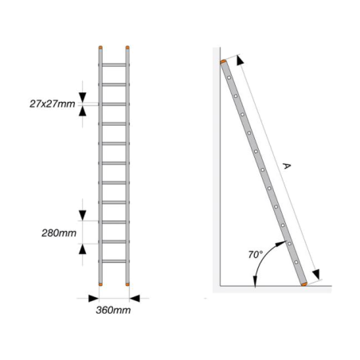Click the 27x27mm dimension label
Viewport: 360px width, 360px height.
coord(53,104)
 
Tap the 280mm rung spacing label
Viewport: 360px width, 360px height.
coord(59,233)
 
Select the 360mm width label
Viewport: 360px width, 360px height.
coord(113,310)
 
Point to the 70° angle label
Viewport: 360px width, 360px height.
coord(255,255)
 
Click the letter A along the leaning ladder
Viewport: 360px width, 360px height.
coord(287,166)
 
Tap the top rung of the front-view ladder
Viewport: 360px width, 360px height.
coord(114,65)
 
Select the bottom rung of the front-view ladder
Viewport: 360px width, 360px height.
coord(114,261)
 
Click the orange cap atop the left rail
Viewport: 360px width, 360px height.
coord(100,48)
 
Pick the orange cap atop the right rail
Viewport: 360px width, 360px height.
coord(127,48)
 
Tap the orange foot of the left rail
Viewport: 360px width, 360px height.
coord(100,284)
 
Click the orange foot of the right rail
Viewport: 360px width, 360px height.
coord(127,284)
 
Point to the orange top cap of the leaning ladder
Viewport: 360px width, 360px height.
coord(223,62)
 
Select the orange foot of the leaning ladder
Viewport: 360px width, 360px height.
coord(304,284)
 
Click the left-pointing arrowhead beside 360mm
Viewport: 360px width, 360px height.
coord(135,299)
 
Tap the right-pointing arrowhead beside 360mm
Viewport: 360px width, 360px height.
coord(94,299)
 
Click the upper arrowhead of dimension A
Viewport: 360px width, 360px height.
coord(240,60)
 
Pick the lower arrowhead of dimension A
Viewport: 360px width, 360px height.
coord(316,275)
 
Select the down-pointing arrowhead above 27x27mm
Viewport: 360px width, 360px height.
coord(83,97)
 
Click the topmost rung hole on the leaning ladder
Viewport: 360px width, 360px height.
coord(229,78)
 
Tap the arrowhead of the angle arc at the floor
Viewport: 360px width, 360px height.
coord(255,281)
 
